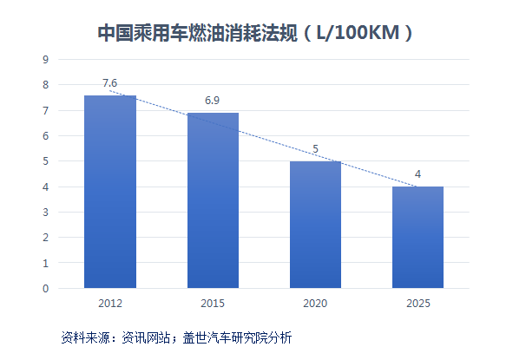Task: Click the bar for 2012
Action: click(110, 192)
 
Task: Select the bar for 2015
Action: click(213, 200)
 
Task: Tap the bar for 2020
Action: click(315, 225)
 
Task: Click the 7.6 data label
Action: click(109, 83)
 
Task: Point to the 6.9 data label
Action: click(213, 101)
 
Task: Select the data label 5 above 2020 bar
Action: click(315, 149)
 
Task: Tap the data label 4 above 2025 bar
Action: click(418, 174)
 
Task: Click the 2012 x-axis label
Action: click(110, 304)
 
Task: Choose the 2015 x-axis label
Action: click(213, 304)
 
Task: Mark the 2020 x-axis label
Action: click(315, 304)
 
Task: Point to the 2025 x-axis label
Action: click(418, 304)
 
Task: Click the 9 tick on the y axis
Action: click(45, 60)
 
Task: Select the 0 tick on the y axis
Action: click(45, 288)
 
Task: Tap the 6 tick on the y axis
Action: click(45, 136)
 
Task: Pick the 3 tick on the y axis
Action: click(45, 212)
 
